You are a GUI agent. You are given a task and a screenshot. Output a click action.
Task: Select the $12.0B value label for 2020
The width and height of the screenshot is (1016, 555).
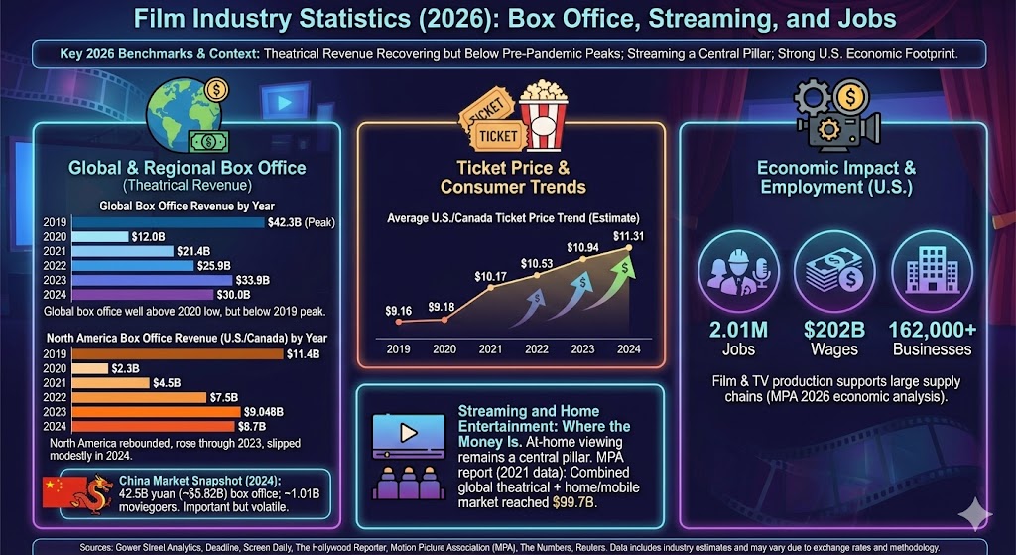(146, 237)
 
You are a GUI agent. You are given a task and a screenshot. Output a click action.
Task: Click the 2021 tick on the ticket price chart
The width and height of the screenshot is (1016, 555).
(490, 349)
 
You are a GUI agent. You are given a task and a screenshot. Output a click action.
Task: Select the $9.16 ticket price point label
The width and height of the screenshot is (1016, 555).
(399, 310)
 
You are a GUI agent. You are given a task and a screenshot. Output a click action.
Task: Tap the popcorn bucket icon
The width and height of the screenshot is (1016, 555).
(543, 113)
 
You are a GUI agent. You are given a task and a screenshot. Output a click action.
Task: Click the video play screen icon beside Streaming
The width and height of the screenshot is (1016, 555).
(407, 435)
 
